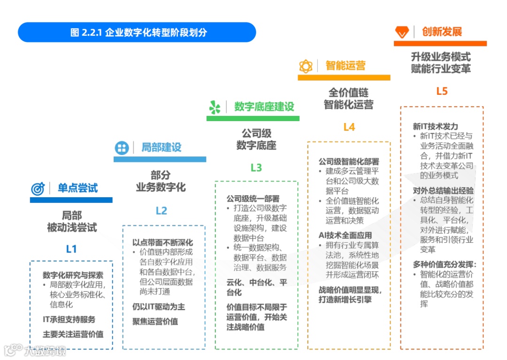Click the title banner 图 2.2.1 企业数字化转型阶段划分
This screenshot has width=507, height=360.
coord(137,32)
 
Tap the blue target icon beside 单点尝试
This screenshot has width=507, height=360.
coord(38,189)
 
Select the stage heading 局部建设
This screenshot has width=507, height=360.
coord(161,147)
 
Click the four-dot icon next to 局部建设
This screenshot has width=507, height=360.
coord(122,148)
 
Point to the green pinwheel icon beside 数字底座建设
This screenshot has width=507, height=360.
coord(215,107)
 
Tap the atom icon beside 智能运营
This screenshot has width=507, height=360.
coord(306,66)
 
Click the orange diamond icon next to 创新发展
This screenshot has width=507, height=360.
coord(402,32)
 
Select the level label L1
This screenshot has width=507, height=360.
coord(71,249)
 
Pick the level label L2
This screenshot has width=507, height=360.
coord(161,211)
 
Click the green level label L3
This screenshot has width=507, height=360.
coord(256,168)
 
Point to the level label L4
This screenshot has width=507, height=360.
coord(349,127)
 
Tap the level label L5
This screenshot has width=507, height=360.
coord(442,91)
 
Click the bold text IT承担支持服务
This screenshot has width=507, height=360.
coord(69,319)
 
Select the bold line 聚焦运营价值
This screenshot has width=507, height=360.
coord(155,322)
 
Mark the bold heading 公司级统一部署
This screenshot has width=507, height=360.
coord(253,199)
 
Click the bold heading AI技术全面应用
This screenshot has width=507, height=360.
coord(345,235)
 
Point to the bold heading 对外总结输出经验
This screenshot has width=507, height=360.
coord(443,191)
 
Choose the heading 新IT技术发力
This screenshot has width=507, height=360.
coord(435,127)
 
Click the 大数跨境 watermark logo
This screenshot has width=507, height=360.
coord(35,350)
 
